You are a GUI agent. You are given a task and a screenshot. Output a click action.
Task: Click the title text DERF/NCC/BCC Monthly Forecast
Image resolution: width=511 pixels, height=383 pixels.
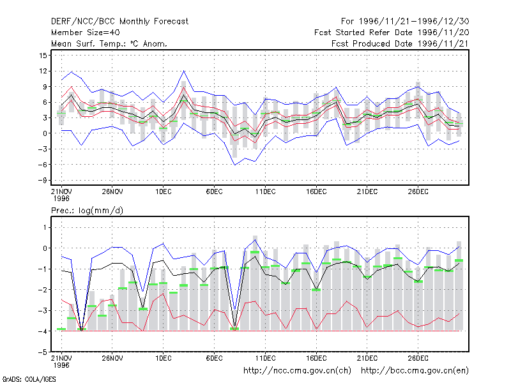click(x=119, y=22)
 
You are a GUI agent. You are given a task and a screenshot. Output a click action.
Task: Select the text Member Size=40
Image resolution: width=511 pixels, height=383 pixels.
click(x=86, y=33)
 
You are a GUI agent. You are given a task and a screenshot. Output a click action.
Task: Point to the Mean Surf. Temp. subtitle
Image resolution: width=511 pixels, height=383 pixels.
click(x=109, y=43)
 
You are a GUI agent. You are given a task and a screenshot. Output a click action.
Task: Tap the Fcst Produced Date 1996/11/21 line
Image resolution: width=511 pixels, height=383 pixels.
click(x=400, y=43)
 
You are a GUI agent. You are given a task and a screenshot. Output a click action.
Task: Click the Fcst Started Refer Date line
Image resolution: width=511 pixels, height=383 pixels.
click(x=392, y=33)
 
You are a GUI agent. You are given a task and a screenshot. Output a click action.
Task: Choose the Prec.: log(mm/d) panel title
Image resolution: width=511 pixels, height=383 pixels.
click(x=87, y=211)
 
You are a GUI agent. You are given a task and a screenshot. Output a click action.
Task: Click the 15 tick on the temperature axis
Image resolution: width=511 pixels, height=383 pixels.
click(x=43, y=56)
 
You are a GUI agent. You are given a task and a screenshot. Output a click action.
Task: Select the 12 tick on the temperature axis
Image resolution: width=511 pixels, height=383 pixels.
click(x=43, y=71)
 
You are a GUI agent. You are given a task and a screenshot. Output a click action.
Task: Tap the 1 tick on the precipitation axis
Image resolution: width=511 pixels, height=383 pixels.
click(x=45, y=227)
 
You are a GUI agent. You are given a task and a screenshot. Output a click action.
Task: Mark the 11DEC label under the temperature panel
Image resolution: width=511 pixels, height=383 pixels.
click(x=265, y=192)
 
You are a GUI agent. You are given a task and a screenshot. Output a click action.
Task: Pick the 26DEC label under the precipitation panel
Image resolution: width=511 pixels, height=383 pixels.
click(x=418, y=358)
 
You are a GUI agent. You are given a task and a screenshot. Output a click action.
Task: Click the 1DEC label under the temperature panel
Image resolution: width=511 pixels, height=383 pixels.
click(x=164, y=192)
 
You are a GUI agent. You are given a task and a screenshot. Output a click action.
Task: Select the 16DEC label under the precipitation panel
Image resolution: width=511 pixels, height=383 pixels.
click(x=316, y=358)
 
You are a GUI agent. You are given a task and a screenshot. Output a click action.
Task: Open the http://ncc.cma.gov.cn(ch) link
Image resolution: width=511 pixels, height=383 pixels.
click(x=297, y=371)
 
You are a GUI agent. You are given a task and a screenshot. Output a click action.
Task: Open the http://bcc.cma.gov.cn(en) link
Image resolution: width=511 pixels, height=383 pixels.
click(x=415, y=371)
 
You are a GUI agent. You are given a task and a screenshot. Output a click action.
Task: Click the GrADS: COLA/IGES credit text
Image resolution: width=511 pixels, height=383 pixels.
click(x=29, y=379)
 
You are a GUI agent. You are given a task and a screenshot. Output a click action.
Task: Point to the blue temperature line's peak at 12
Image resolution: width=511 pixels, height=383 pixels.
click(x=184, y=71)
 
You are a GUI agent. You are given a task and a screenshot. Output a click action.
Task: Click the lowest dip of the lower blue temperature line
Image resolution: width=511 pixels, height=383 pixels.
click(x=234, y=165)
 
